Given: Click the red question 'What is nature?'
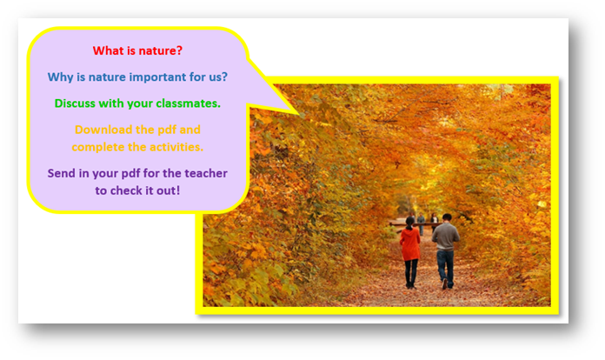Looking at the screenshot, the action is pyautogui.click(x=137, y=50).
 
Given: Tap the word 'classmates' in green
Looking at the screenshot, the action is pyautogui.click(x=188, y=103).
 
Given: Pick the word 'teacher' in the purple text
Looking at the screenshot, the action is pyautogui.click(x=206, y=173).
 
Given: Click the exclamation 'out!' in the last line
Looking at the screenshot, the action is pyautogui.click(x=169, y=190).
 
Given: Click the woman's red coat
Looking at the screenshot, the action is pyautogui.click(x=410, y=243).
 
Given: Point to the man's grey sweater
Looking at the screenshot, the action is pyautogui.click(x=446, y=237).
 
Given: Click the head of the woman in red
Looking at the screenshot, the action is pyautogui.click(x=409, y=222).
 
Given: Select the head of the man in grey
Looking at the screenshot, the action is pyautogui.click(x=447, y=218).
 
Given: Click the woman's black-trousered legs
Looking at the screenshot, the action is pyautogui.click(x=411, y=273).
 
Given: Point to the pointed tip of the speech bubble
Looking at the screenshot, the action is pyautogui.click(x=298, y=114).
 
